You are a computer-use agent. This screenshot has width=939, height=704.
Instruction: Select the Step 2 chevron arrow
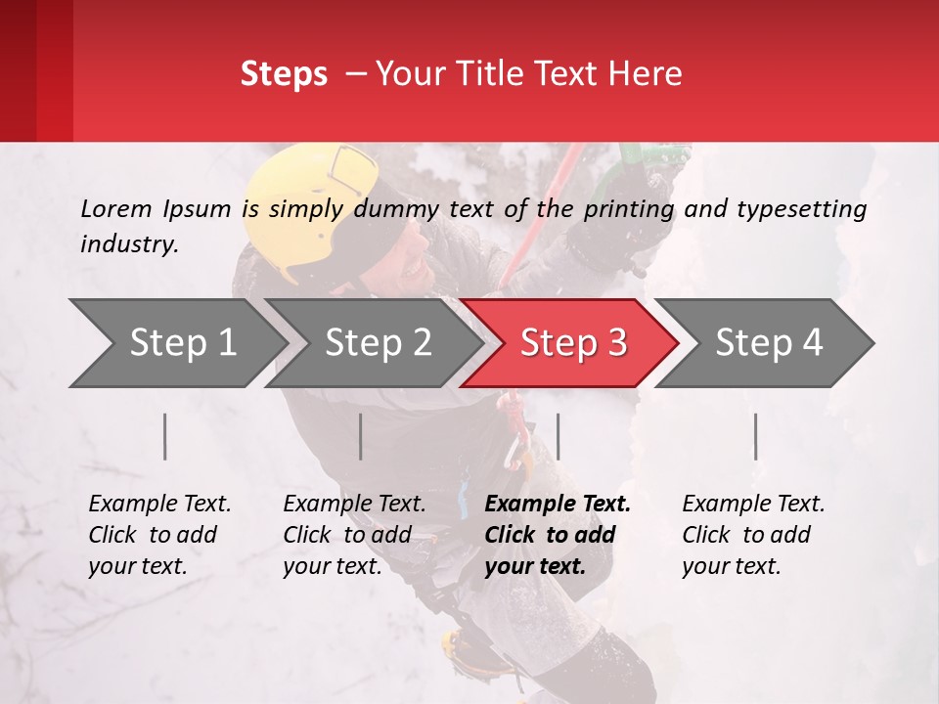pos(378,343)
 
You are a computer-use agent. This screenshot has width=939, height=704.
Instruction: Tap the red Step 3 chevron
pos(572,343)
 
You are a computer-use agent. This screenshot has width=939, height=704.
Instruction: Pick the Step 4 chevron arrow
pos(768,343)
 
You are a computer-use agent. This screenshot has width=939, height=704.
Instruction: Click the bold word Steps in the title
pos(284,74)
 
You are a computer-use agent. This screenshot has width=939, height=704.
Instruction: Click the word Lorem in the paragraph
pos(115,208)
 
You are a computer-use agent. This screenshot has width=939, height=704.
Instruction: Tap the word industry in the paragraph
pos(128,244)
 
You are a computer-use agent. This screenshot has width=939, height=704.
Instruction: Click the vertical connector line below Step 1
pos(165,436)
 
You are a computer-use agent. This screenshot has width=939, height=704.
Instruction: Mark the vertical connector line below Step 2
pos(361,436)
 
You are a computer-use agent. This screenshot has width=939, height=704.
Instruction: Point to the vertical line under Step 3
pos(558,436)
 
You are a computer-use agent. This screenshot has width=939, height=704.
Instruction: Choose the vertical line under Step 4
pos(755,436)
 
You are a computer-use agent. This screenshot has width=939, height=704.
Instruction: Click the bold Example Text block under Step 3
pos(558,535)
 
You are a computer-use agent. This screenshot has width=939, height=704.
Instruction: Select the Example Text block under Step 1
pos(159,535)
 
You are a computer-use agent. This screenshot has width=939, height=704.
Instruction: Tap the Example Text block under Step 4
pos(753,535)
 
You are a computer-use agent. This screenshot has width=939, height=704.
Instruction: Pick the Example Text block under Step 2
pos(354,535)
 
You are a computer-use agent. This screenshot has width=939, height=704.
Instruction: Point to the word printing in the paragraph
pos(629,209)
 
